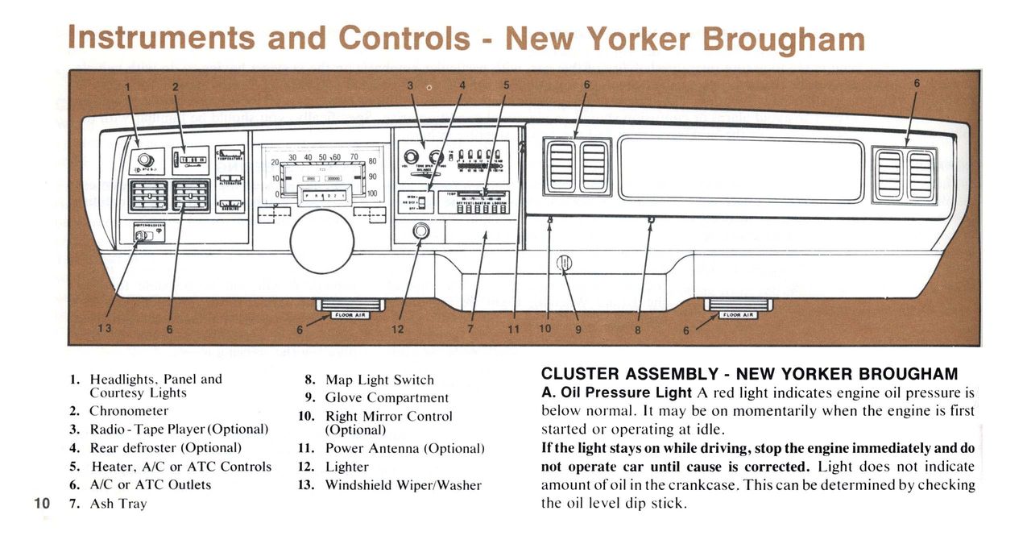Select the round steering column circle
322,241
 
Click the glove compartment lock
564,263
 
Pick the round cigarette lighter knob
420,232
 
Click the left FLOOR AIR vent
350,308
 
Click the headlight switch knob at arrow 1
146,160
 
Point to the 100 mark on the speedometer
371,193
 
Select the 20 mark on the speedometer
275,163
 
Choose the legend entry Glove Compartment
387,397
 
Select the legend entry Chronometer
129,411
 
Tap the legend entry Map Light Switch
379,380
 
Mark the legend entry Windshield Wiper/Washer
403,485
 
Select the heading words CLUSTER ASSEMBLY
628,374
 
